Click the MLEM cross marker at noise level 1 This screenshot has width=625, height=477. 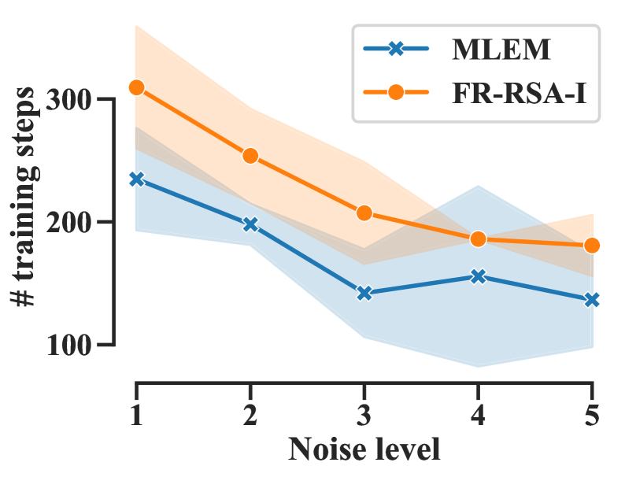click(136, 179)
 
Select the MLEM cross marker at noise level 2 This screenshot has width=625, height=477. click(250, 224)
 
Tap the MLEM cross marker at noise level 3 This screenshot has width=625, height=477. click(364, 293)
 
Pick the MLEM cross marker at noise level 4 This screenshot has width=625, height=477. click(478, 276)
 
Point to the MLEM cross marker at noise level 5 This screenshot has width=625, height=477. click(592, 300)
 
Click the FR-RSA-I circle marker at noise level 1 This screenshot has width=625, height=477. click(136, 87)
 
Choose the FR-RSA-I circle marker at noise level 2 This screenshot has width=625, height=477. click(250, 156)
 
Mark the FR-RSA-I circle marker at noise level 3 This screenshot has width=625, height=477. click(364, 213)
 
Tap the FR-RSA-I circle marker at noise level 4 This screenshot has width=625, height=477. click(478, 239)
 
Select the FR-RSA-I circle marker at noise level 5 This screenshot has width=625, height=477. click(592, 246)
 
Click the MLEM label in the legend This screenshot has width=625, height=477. click(501, 51)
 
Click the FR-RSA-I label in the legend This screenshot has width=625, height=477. click(520, 93)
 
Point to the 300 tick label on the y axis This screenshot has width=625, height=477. click(72, 101)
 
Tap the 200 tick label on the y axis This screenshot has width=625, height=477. click(72, 223)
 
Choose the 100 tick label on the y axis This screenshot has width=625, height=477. click(72, 345)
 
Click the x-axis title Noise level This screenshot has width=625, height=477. click(364, 450)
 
